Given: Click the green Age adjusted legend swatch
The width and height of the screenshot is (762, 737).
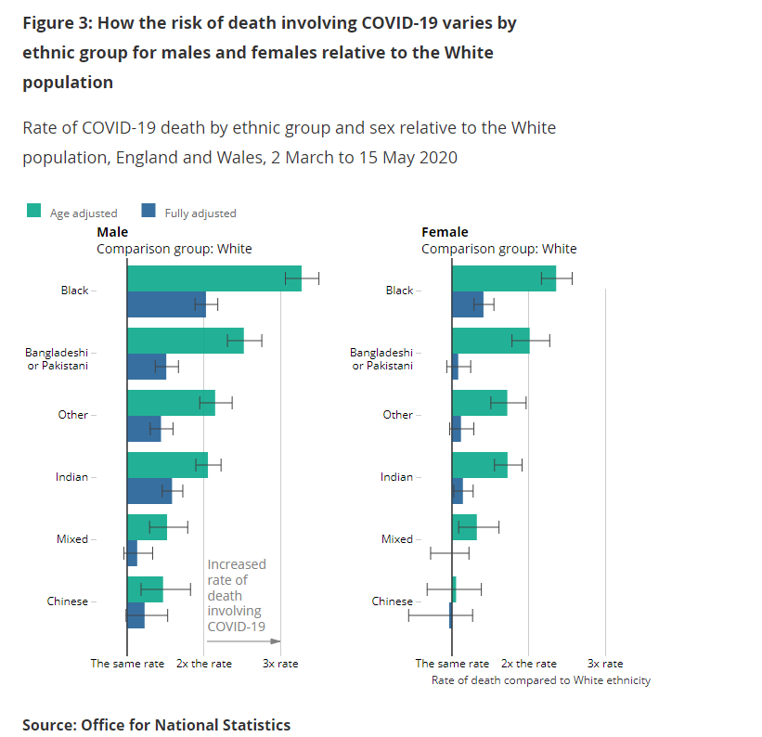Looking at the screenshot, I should point(33,211).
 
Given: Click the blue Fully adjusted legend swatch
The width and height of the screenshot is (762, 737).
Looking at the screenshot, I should point(148,211).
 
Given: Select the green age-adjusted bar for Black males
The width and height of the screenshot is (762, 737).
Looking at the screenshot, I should point(213,278).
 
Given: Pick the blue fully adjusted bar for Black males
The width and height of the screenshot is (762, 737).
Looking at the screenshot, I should point(166,304).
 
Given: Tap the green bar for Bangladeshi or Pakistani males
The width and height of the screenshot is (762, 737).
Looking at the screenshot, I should point(185,341).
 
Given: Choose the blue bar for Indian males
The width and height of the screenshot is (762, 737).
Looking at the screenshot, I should point(149,490).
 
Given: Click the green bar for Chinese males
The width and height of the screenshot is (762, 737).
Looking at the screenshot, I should point(145,588).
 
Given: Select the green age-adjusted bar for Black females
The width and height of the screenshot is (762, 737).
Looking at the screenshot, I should point(503,278).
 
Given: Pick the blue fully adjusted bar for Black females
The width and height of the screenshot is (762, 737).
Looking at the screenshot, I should point(467,304).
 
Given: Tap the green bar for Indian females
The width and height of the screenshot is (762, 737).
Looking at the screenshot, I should point(479,465).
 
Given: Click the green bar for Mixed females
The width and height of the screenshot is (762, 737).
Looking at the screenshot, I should point(464,527).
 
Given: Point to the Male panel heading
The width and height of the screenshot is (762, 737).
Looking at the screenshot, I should point(112,232).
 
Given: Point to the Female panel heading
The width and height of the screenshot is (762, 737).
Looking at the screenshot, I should point(445,232).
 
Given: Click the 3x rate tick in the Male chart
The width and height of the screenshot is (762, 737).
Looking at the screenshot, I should point(280,663).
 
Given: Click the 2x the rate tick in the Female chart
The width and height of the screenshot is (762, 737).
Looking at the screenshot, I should point(529,663).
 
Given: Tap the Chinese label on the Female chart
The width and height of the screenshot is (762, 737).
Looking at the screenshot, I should point(392,601).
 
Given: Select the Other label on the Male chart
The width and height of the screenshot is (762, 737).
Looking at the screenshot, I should point(72,415).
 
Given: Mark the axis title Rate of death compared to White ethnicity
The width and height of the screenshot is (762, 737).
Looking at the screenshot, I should point(541,680).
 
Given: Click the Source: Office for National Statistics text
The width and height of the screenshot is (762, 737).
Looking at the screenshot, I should point(156,725).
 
